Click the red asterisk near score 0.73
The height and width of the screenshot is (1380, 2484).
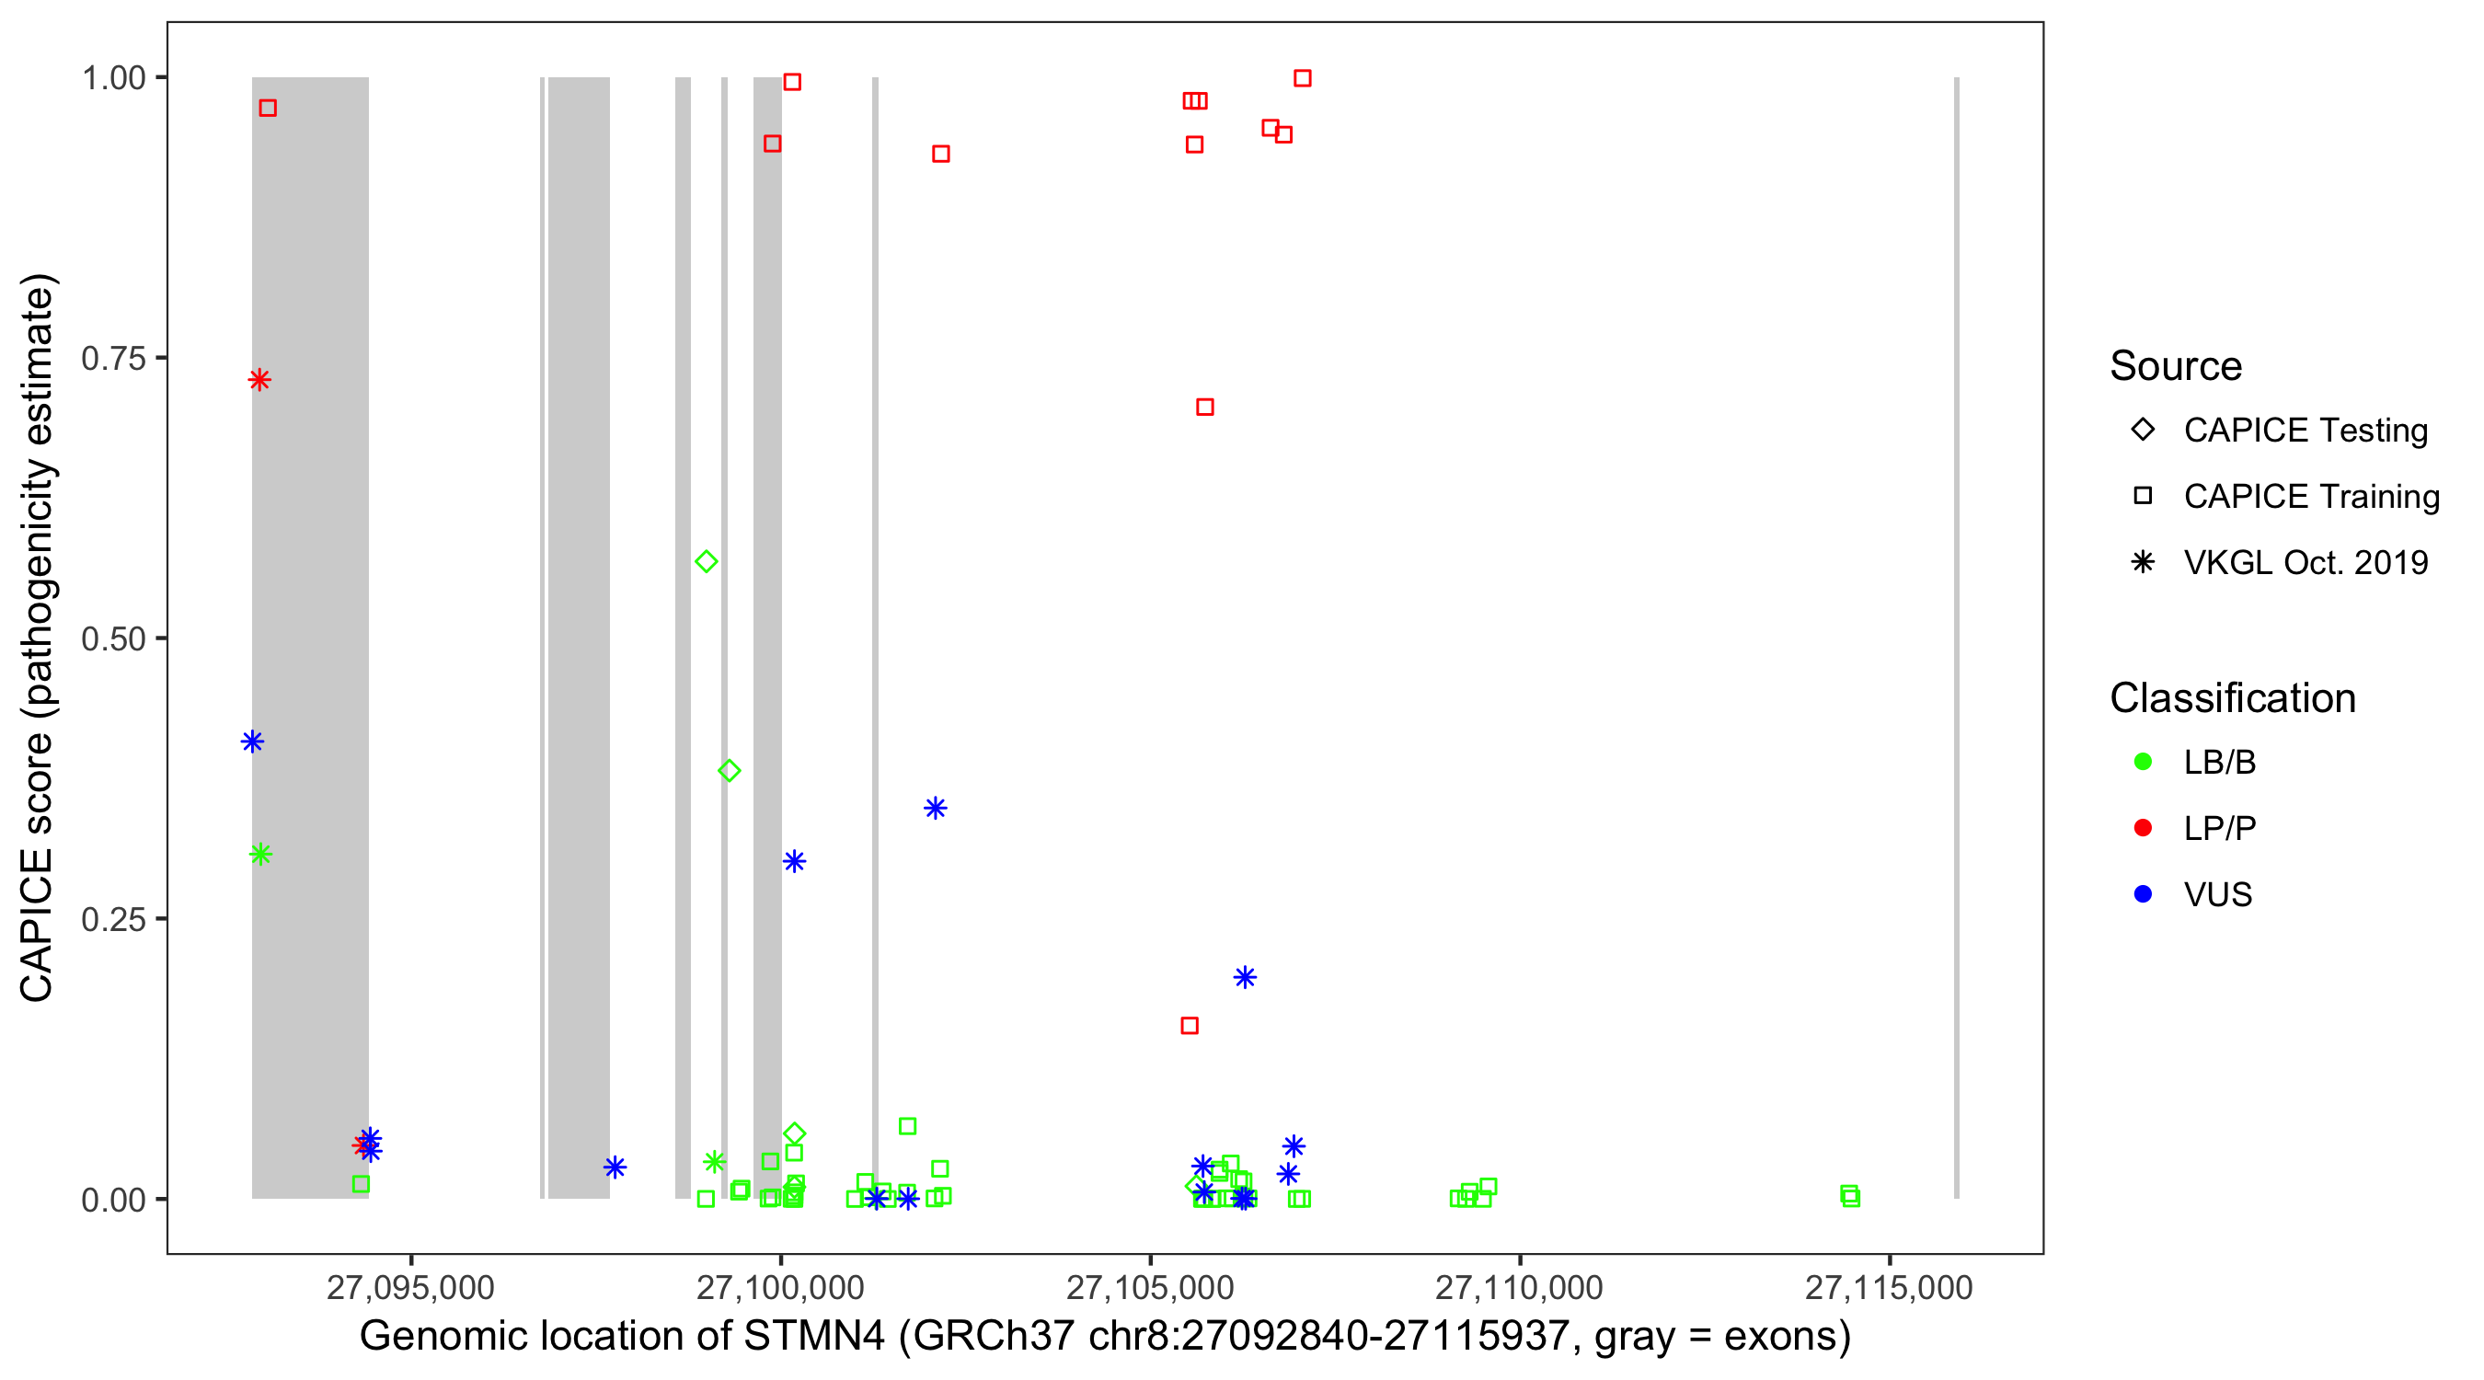point(259,380)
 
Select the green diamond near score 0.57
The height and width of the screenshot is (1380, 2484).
point(706,561)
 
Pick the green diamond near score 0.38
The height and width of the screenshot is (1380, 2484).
point(729,771)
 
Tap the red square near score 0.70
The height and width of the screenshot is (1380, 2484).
point(1204,407)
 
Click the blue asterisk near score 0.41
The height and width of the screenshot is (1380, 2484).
point(252,742)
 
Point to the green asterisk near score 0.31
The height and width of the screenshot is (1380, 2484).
point(260,855)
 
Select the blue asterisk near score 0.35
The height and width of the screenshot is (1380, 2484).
point(935,808)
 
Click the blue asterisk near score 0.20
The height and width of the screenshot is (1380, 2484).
point(1244,978)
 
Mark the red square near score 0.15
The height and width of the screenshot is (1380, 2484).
point(1189,1025)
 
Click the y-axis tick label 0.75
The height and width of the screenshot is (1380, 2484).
point(113,359)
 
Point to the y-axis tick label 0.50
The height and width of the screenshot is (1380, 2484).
point(113,639)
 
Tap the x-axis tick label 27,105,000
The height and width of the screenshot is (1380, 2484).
point(1149,1287)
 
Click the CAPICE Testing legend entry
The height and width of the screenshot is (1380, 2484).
point(2305,431)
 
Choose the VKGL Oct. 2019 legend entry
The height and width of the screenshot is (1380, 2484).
point(2305,562)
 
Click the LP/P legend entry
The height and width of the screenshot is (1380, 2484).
point(2219,828)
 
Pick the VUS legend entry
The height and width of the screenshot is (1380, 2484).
point(2217,895)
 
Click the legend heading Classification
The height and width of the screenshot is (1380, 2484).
point(2232,698)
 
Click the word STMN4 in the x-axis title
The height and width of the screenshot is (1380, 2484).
point(814,1337)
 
